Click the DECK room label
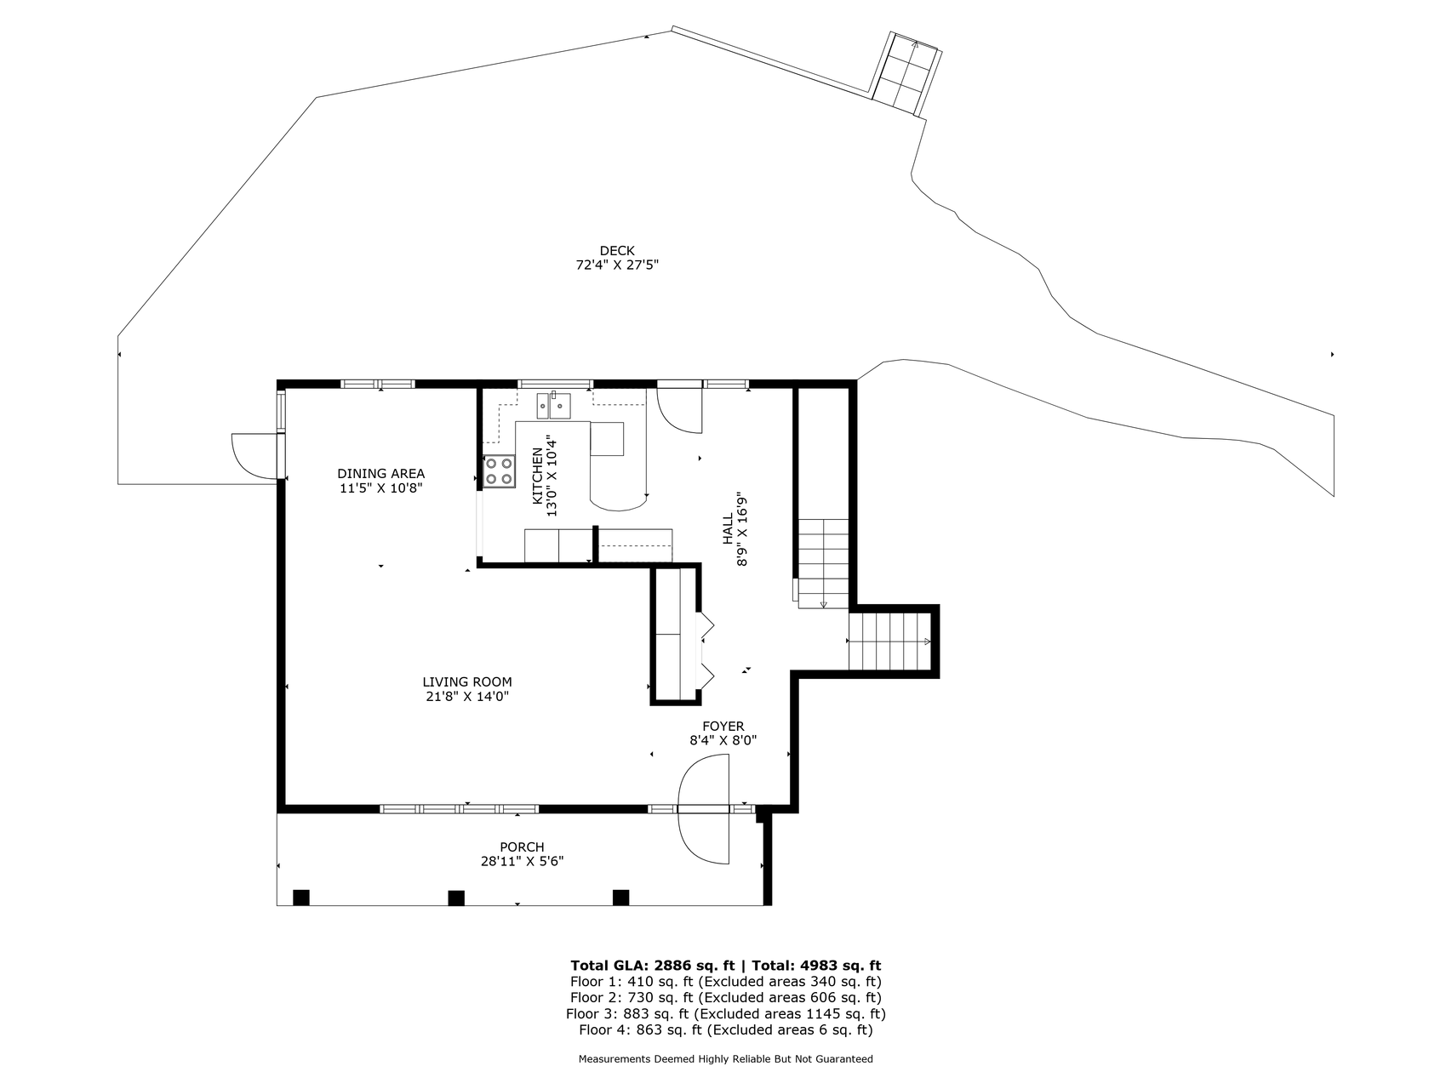click(x=617, y=250)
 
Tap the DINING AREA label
click(x=380, y=474)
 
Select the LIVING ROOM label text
click(x=467, y=681)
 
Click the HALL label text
click(x=728, y=528)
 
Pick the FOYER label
click(x=723, y=726)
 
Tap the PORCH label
click(x=522, y=847)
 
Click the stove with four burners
click(x=500, y=471)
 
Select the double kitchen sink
click(x=553, y=406)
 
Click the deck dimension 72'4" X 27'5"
click(x=617, y=265)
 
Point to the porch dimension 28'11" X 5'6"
click(x=522, y=861)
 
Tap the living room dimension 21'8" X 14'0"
click(x=467, y=696)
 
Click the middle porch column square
click(x=456, y=898)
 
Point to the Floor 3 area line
click(x=725, y=1013)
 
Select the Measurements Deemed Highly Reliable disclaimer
click(x=725, y=1059)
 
